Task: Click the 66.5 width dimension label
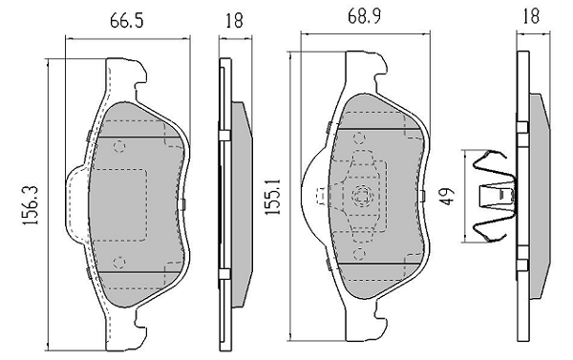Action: (x=126, y=20)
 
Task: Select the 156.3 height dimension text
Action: (x=31, y=205)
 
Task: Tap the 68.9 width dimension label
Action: (x=364, y=17)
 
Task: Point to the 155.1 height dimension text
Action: (x=273, y=197)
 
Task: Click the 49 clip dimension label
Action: (x=446, y=197)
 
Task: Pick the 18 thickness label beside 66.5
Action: (x=234, y=20)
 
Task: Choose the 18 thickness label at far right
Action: (x=531, y=16)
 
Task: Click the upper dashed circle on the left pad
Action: (x=119, y=146)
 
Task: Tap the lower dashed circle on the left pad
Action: (x=119, y=262)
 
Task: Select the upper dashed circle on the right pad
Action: (x=360, y=138)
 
